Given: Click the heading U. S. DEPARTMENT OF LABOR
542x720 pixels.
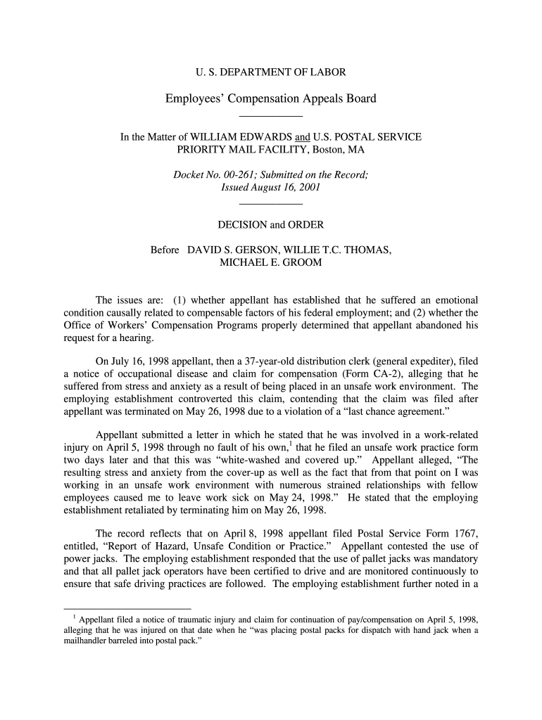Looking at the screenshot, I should (x=270, y=72).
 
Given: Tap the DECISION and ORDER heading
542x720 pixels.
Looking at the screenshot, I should (x=271, y=225).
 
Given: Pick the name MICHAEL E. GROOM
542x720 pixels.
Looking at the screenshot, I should (x=271, y=263).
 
